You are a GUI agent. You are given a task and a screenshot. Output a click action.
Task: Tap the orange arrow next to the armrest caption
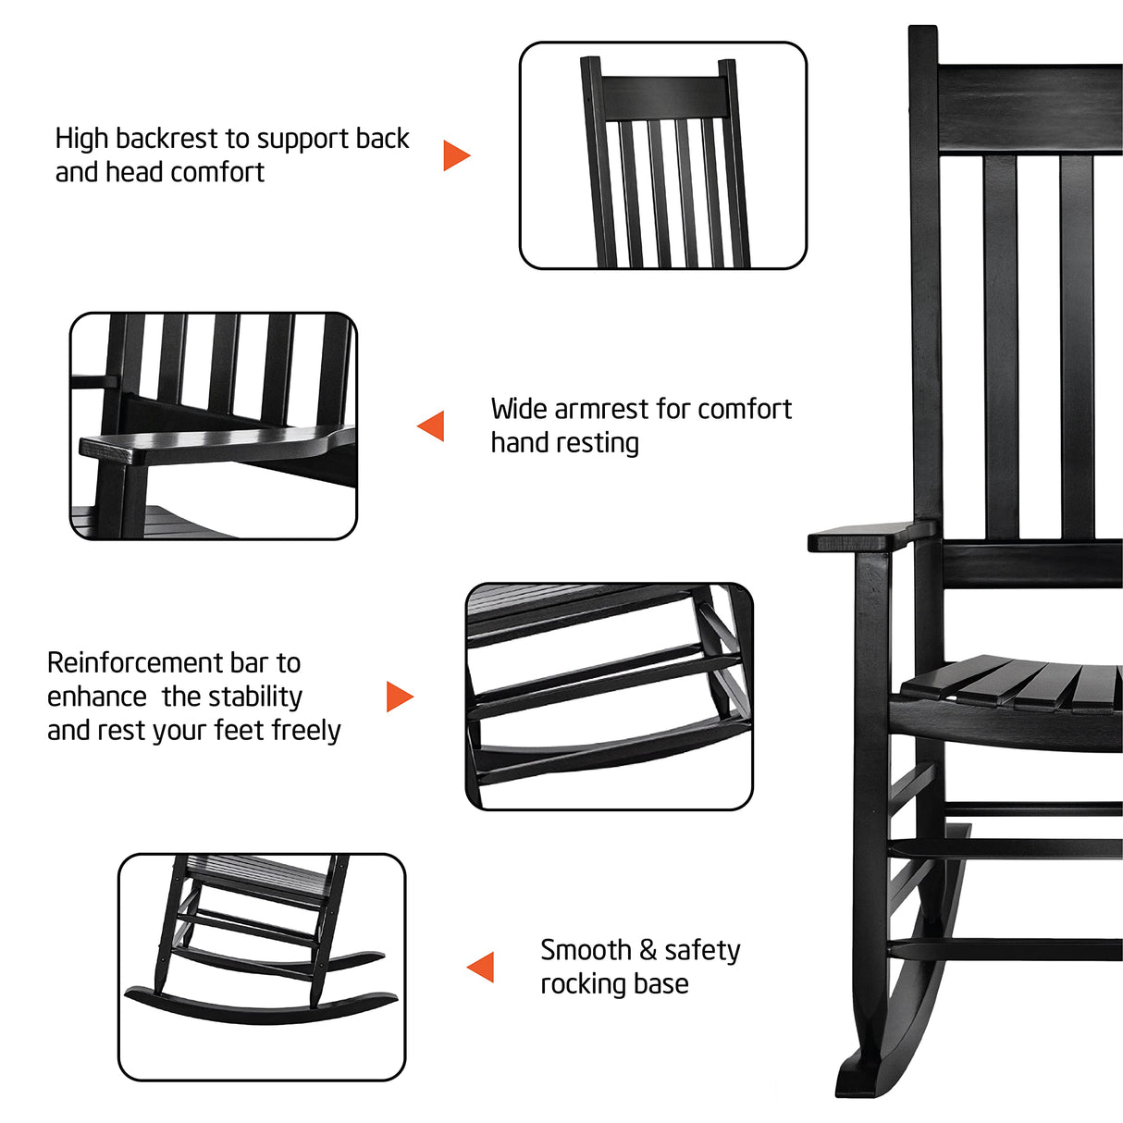tap(432, 426)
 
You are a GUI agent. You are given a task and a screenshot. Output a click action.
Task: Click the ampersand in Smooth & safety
tap(648, 950)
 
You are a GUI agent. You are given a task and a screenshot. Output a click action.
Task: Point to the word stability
tap(256, 697)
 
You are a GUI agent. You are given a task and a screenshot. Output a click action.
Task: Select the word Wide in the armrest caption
tap(519, 409)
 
